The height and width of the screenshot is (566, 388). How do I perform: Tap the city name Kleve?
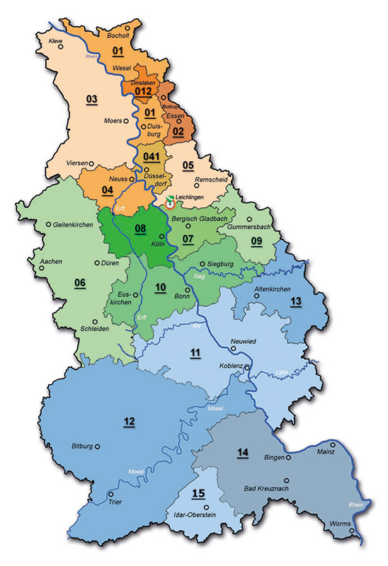(x=56, y=42)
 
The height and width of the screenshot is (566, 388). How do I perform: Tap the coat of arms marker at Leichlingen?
(x=169, y=204)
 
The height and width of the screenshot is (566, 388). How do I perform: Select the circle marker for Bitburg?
(x=98, y=446)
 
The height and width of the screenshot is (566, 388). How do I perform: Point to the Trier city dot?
(x=110, y=494)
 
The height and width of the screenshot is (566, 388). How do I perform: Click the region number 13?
(x=295, y=302)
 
